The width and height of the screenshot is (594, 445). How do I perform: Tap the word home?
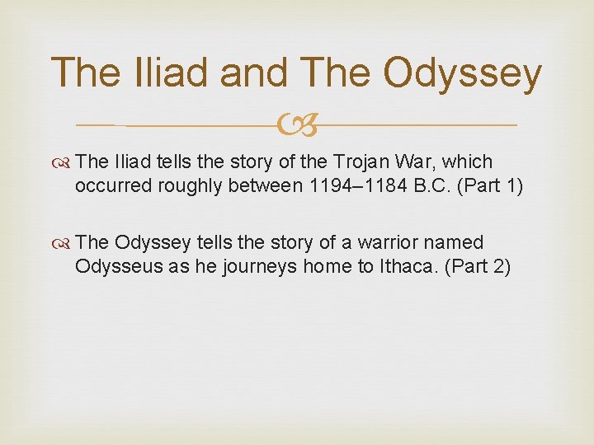click(318, 267)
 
